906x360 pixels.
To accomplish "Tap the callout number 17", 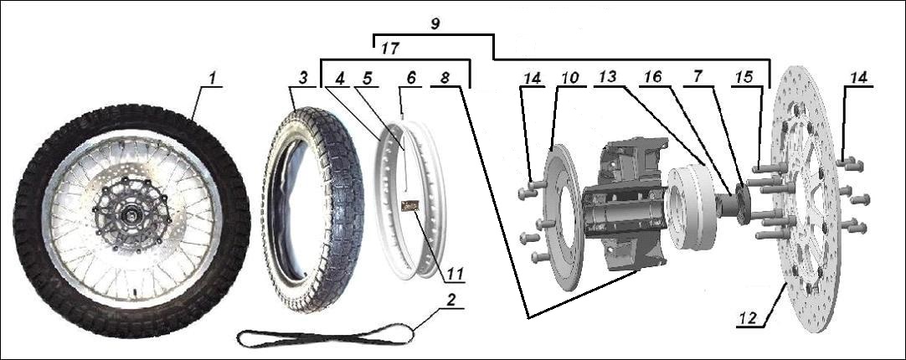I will (x=390, y=49).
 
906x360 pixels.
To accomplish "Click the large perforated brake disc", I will (x=804, y=201).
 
